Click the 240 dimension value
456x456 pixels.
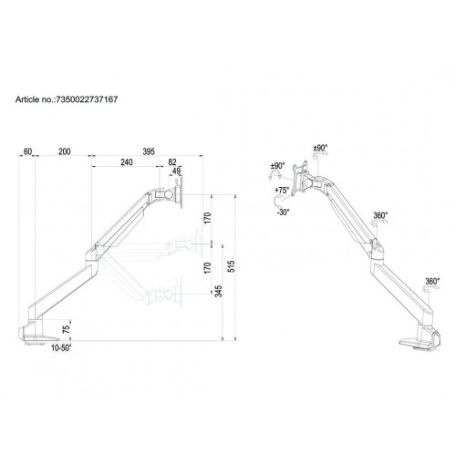coord(127,161)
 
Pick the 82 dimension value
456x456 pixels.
coord(172,161)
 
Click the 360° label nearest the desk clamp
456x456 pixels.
coord(430,281)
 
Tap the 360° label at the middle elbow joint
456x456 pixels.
coord(380,215)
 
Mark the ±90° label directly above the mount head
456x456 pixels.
coord(321,148)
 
